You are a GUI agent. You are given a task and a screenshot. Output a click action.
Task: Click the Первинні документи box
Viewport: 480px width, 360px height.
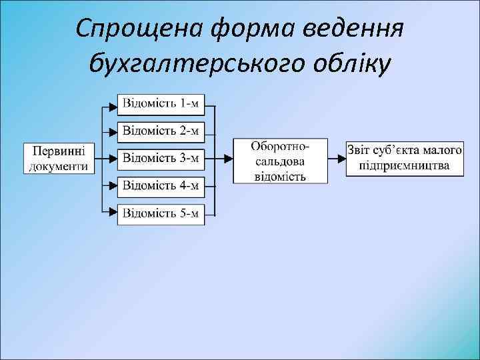pos(59,159)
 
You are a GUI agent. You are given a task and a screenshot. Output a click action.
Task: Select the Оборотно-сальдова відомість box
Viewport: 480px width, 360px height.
pos(280,160)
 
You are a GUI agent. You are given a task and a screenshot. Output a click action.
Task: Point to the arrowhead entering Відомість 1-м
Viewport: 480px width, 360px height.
pos(114,105)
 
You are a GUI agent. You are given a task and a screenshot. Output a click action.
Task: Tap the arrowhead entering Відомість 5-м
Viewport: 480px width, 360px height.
pos(114,214)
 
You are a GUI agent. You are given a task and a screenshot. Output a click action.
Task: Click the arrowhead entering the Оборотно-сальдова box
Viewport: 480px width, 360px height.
pos(229,159)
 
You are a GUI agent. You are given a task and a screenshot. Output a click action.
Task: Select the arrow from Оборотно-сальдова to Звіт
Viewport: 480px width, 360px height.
pos(337,159)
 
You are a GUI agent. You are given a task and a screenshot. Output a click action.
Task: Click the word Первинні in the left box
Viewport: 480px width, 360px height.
pos(59,151)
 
